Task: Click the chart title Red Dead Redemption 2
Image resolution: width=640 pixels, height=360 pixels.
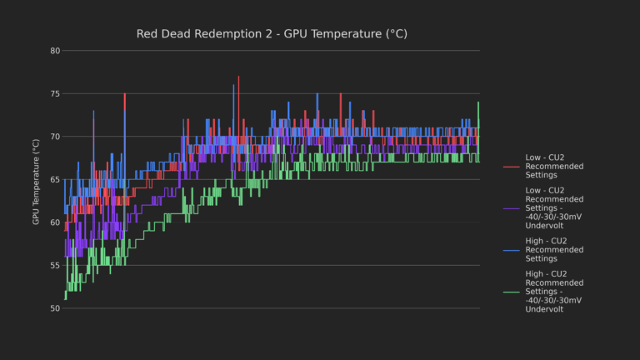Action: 271,33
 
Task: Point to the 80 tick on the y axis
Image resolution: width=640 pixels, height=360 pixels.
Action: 55,51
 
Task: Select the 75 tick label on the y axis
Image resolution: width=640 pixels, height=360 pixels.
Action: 55,93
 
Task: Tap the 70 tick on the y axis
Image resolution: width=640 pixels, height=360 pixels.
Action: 55,137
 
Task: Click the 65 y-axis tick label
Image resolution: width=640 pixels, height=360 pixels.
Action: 55,179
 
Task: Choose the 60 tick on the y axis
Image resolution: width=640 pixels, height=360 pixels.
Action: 55,222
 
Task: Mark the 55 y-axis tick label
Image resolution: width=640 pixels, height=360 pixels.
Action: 55,265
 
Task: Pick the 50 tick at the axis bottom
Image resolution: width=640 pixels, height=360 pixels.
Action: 55,308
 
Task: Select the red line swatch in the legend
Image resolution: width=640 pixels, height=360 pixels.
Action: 511,166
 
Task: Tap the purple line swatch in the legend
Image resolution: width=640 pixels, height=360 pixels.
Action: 511,207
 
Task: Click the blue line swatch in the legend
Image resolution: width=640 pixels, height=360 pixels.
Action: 511,250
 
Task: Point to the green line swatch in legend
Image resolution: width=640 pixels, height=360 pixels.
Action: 511,292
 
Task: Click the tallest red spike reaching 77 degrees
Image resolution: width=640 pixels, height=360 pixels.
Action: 238,77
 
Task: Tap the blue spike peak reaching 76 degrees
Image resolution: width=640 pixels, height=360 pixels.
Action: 234,86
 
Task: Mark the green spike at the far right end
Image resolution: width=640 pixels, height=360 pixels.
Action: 478,103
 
